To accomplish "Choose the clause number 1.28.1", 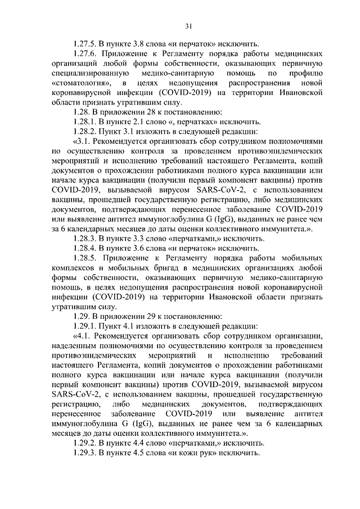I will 87,121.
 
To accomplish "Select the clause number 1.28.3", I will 87,238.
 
